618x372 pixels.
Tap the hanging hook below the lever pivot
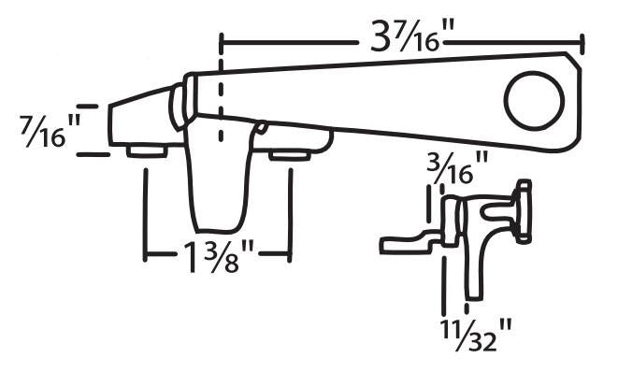point(222,179)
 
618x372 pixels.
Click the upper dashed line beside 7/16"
point(86,107)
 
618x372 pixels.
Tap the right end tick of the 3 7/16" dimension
point(583,43)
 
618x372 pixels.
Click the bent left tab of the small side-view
point(404,245)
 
